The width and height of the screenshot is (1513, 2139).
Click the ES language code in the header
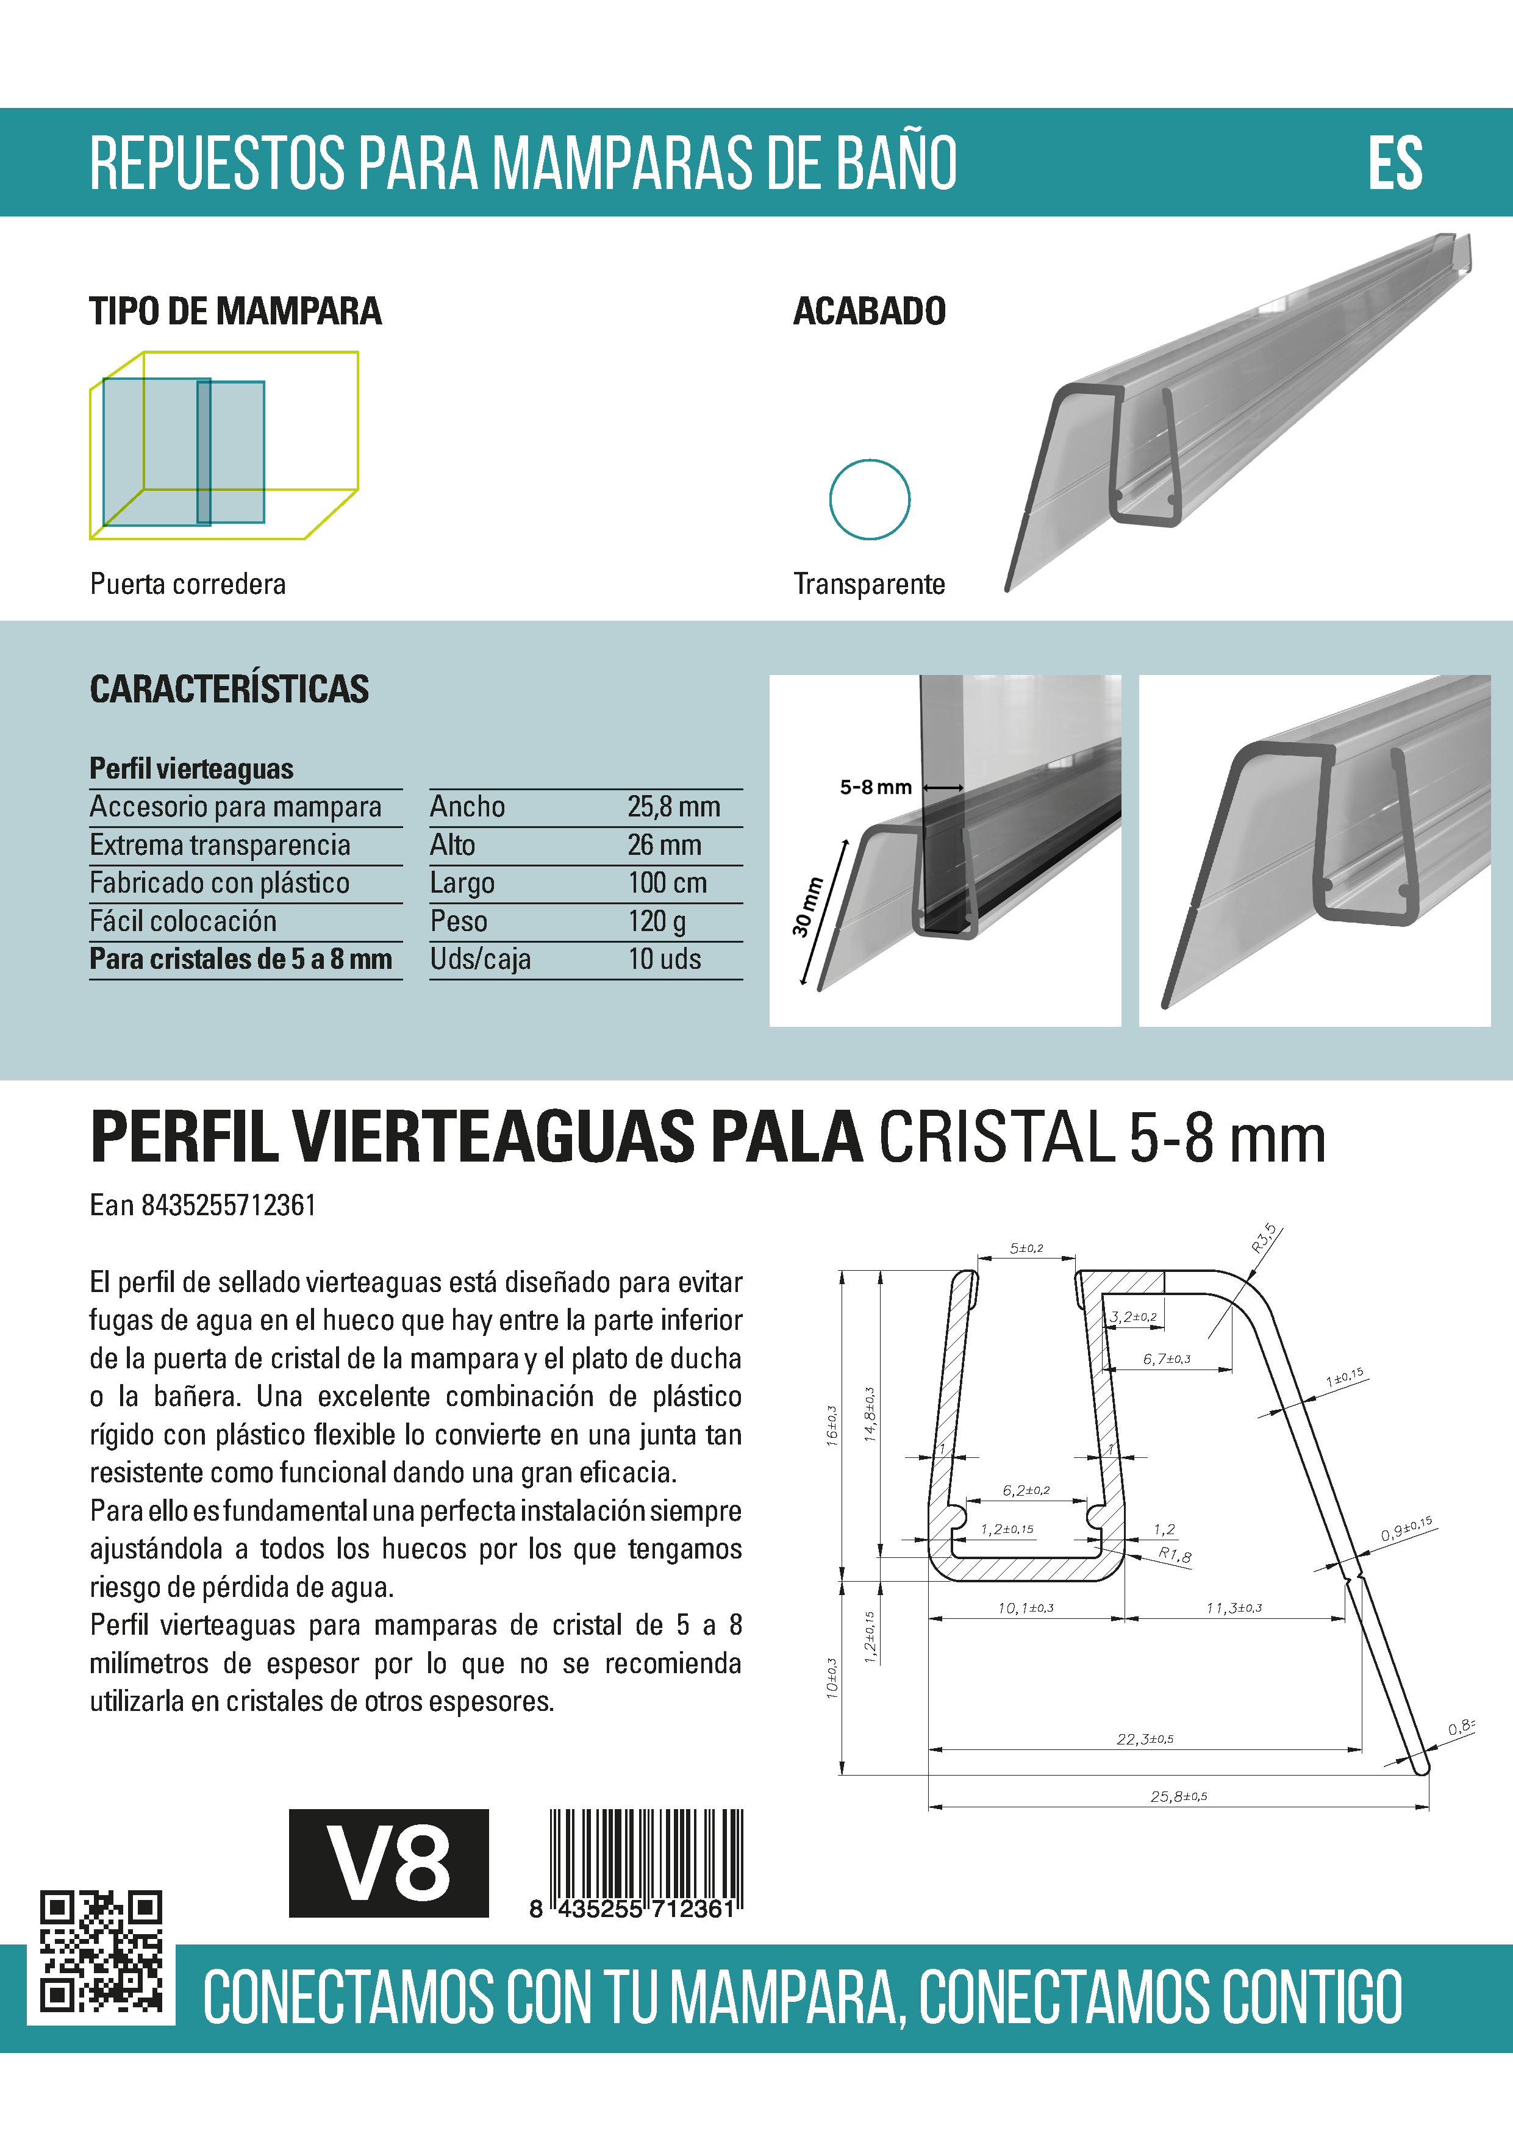1395,163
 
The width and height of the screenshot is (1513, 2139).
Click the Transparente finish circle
869,499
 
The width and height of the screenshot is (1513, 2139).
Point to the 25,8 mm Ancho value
674,807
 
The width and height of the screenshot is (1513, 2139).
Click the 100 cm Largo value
667,882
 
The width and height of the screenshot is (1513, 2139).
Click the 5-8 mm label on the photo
875,787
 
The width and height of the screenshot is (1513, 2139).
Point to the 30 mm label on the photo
808,905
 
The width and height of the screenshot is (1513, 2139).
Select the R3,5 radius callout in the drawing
1264,1238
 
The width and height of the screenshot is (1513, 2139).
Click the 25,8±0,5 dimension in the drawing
1179,1796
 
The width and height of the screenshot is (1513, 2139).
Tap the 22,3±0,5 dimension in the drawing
1145,1740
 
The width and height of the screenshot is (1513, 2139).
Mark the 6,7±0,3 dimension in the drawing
1167,1359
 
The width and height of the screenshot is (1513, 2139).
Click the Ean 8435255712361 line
203,1205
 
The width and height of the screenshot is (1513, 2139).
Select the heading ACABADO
869,311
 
